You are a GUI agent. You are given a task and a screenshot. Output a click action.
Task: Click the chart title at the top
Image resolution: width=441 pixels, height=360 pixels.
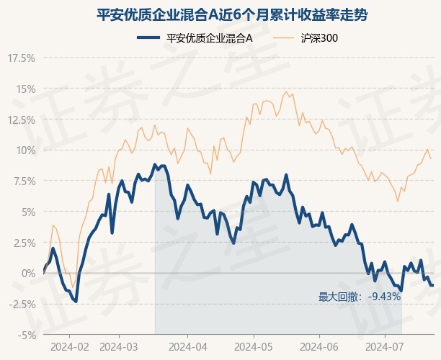tap(232, 15)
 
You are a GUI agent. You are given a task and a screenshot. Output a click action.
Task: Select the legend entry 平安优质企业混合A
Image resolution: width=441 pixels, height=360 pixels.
tap(195, 38)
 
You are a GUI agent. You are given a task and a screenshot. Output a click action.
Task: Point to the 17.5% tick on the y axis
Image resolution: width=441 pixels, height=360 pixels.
tap(22, 58)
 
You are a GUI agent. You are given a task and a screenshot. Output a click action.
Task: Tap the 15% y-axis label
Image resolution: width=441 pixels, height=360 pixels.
tap(25, 89)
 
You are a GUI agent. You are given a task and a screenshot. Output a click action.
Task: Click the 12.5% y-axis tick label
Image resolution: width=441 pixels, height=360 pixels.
tap(22, 120)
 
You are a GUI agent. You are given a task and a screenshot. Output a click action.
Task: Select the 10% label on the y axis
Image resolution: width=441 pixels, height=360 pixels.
tap(25, 150)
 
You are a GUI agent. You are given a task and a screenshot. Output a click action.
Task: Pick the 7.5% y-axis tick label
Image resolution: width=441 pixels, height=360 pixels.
tap(24, 181)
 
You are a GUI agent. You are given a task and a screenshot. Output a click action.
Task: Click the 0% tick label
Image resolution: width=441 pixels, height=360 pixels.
tap(28, 273)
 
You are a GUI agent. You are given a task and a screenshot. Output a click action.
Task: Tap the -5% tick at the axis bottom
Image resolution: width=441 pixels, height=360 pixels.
tap(27, 336)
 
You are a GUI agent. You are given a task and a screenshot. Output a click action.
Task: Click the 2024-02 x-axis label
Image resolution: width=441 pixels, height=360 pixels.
tap(69, 347)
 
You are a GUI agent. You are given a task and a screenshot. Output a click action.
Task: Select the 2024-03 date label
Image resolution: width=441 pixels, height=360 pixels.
tap(119, 347)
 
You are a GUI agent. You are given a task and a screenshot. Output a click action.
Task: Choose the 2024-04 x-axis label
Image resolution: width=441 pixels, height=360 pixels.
tap(188, 347)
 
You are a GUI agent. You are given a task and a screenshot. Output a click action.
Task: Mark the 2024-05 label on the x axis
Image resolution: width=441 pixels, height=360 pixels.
tap(254, 347)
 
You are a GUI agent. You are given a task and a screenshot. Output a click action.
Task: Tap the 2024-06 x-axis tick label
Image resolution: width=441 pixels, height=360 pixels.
tap(319, 347)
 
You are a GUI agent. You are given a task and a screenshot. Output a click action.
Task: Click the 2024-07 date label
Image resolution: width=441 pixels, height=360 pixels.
tap(385, 347)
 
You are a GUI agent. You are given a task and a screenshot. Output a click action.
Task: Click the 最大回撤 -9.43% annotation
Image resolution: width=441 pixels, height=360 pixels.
tap(360, 297)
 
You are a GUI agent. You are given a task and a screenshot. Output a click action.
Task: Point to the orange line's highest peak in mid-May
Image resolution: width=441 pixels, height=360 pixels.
tap(286, 91)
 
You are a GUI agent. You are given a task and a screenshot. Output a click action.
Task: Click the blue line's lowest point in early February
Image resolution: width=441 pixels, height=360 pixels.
tap(76, 302)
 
